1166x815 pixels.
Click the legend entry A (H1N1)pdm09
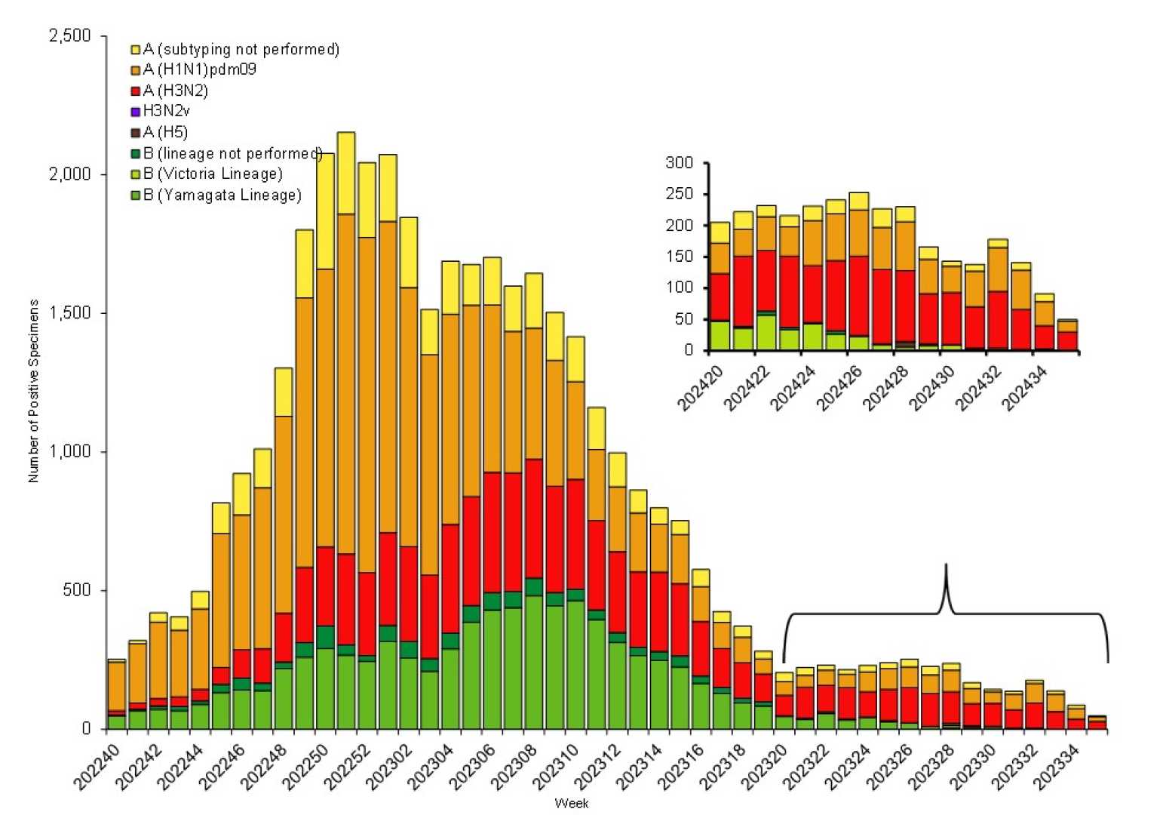[199, 70]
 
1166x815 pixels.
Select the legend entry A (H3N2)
[175, 91]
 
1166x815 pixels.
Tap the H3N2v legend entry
[166, 112]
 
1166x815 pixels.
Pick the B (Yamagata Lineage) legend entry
[222, 195]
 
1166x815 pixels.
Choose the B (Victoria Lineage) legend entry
[213, 174]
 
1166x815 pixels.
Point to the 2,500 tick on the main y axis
[69, 36]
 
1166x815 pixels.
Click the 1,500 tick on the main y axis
[69, 313]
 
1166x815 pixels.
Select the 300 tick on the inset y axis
[679, 163]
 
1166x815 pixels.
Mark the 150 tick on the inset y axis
[679, 257]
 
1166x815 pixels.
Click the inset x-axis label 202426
[836, 389]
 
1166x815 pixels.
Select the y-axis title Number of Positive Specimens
[33, 391]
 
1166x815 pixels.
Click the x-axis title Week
[571, 804]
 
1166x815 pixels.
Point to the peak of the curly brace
[946, 566]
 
